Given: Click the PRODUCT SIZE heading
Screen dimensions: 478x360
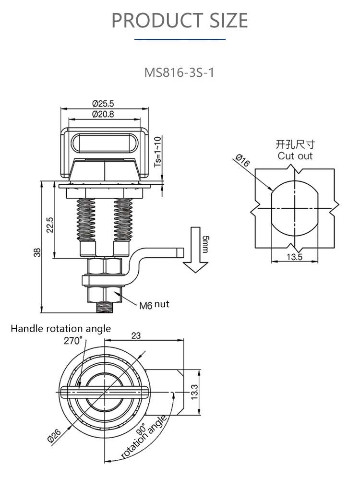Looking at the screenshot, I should pos(180,21).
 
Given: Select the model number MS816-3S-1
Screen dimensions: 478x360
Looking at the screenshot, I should pos(180,73).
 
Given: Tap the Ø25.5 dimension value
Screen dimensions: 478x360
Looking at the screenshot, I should pos(102,103).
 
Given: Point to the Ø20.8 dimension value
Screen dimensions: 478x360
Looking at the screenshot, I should pos(102,114).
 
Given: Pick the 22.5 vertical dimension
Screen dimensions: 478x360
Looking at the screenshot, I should pos(49,225).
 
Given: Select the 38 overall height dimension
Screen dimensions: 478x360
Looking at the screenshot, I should pos(37,251).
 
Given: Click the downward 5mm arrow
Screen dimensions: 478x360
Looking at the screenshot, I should pos(195,250).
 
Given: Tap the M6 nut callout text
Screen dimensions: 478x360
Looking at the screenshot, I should pos(154,305).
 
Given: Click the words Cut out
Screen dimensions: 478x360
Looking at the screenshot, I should pos(295,156).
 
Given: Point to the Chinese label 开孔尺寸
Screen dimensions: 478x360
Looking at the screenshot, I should pos(295,144).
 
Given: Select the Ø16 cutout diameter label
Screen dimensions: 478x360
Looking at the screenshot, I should pos(242,161).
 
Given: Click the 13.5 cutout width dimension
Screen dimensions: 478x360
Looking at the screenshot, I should pos(294,257).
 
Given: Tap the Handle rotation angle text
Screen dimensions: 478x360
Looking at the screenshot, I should pos(60,329).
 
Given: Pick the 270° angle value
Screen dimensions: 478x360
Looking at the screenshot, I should pos(73,340).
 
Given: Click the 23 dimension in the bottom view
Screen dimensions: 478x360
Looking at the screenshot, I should pos(136,336).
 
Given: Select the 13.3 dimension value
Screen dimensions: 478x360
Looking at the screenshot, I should pos(194,392).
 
